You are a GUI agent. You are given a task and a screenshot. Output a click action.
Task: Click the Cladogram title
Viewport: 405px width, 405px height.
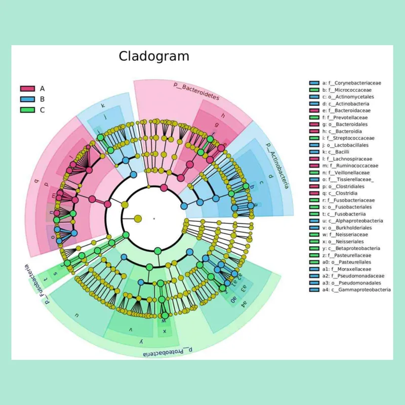pos(154,56)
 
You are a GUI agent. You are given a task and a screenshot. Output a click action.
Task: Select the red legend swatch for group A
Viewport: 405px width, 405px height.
pos(27,89)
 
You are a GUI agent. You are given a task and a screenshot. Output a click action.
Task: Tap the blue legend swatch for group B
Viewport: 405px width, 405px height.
pos(27,99)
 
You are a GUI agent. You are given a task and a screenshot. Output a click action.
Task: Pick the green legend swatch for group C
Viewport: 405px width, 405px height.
pos(27,110)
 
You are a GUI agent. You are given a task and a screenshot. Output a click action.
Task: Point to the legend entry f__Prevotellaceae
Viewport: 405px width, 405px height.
pos(346,117)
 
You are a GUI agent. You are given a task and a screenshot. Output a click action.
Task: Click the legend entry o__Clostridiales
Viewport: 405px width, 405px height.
pos(346,186)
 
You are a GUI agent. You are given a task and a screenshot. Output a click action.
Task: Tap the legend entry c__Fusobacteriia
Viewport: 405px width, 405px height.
pos(346,214)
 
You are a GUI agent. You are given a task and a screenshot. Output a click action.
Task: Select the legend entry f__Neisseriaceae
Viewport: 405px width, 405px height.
pos(346,234)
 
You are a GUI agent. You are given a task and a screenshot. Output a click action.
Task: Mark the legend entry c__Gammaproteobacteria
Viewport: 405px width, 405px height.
pos(356,290)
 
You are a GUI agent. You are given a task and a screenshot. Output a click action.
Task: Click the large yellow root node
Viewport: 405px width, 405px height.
pos(137,219)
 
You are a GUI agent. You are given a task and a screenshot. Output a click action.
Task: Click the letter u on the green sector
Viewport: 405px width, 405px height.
pos(77,315)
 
